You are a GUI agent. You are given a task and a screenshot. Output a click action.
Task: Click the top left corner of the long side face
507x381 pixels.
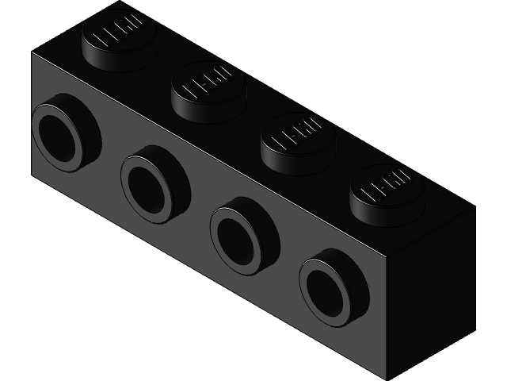[x=31, y=54]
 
